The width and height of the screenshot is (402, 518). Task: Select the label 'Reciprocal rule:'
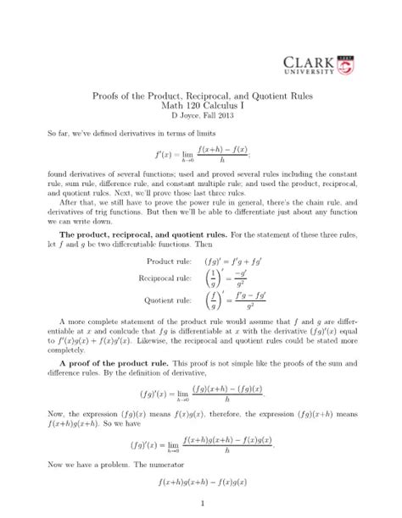click(x=167, y=278)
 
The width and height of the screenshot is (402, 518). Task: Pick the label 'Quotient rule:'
click(x=170, y=299)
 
